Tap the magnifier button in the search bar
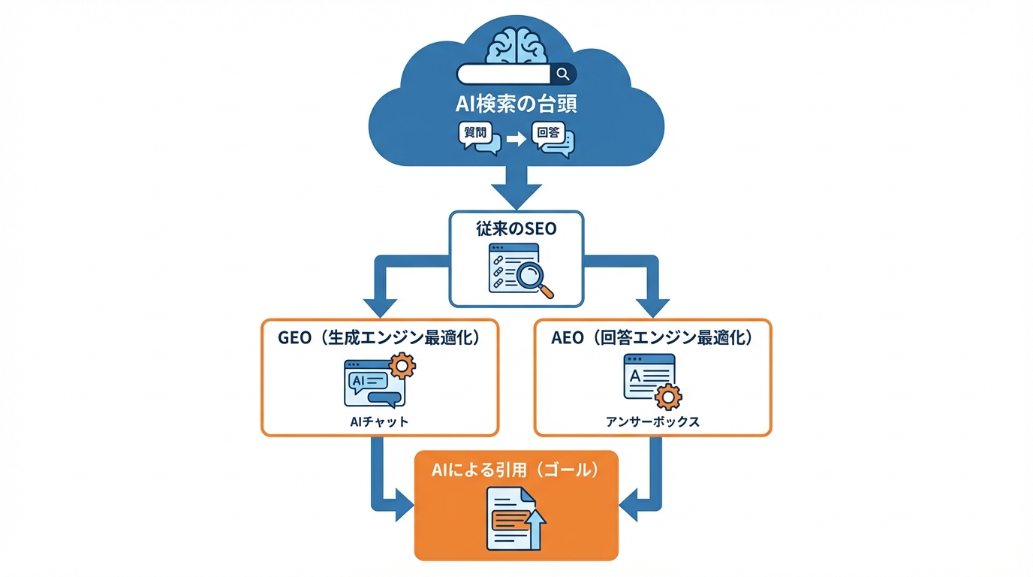point(562,73)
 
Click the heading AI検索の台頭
point(516,103)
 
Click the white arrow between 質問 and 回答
point(515,139)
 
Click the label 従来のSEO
point(516,229)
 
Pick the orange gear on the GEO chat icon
point(402,366)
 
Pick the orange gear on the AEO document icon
point(667,396)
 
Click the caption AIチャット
point(379,421)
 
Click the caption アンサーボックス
point(652,421)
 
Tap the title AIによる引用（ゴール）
point(516,470)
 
